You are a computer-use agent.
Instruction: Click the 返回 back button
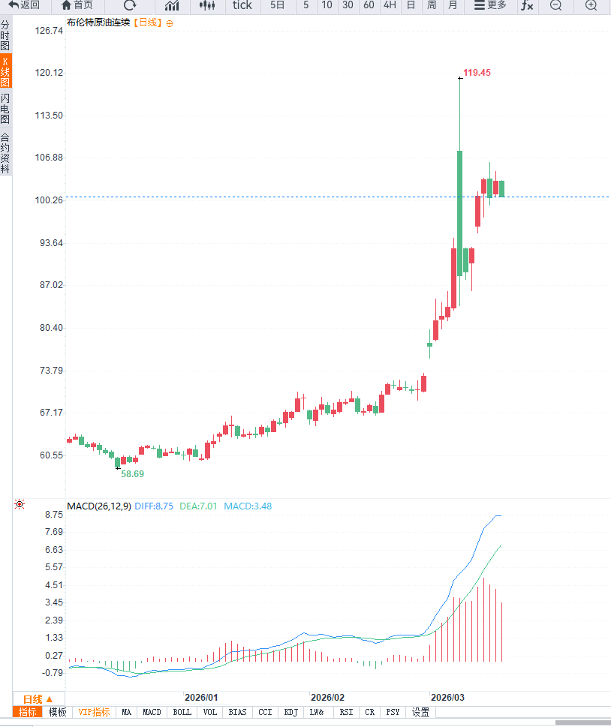(x=24, y=5)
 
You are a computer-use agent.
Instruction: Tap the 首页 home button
(x=77, y=5)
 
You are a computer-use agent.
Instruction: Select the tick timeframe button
(x=242, y=5)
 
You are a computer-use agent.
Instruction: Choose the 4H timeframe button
(x=390, y=5)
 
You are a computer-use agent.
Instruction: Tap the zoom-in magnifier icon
(x=591, y=5)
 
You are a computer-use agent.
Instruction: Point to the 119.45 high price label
(x=477, y=73)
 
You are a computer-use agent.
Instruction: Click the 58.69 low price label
(x=133, y=474)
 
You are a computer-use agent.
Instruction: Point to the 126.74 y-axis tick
(x=49, y=31)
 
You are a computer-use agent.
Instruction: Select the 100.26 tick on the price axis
(x=49, y=200)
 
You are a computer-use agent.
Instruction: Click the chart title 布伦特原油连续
(x=98, y=23)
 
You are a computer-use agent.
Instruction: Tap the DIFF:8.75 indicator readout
(x=154, y=506)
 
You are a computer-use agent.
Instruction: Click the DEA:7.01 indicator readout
(x=198, y=506)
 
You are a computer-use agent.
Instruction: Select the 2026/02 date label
(x=327, y=697)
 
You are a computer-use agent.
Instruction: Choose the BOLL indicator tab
(x=182, y=712)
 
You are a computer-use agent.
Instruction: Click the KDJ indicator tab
(x=290, y=712)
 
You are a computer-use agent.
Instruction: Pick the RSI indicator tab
(x=345, y=712)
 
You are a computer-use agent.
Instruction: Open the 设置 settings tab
(x=420, y=712)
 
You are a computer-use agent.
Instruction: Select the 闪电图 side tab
(x=5, y=109)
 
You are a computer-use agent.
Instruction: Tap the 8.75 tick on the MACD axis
(x=53, y=515)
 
